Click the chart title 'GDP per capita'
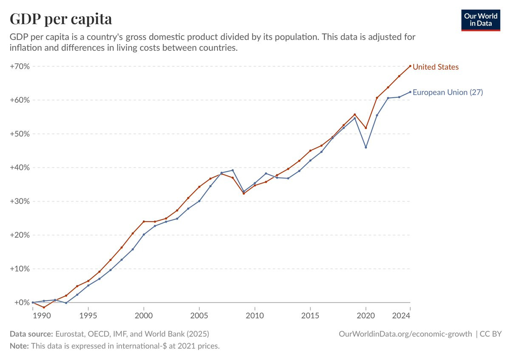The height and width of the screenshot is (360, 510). click(61, 19)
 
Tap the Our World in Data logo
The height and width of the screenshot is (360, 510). click(481, 20)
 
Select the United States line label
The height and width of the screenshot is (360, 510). click(436, 67)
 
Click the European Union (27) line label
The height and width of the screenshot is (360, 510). click(448, 92)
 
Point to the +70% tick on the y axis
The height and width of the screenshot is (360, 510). click(20, 66)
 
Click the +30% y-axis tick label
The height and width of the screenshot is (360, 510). click(20, 201)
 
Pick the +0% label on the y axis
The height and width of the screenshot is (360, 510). click(22, 302)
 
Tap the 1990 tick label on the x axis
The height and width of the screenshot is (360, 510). click(42, 316)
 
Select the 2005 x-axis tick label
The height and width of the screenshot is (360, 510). click(199, 316)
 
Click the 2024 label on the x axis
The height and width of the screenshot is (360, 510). click(401, 316)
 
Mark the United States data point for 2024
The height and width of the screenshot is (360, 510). click(410, 66)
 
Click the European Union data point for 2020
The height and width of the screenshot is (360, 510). click(366, 147)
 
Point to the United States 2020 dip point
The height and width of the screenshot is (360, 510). click(366, 128)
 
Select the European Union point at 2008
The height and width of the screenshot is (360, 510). click(232, 170)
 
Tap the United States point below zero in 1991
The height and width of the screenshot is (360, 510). click(44, 307)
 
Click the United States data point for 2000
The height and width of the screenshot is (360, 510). click(144, 221)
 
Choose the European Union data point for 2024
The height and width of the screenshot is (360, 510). click(410, 92)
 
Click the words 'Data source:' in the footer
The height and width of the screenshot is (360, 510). click(31, 334)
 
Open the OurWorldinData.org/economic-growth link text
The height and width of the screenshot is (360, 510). click(405, 334)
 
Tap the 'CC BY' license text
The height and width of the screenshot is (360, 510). click(490, 334)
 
